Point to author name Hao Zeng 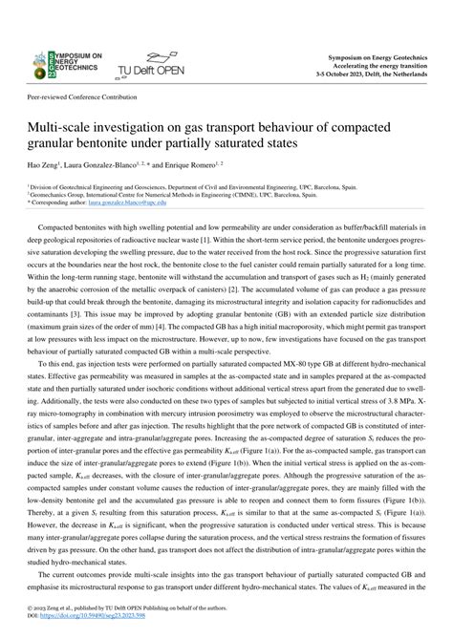pos(39,165)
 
